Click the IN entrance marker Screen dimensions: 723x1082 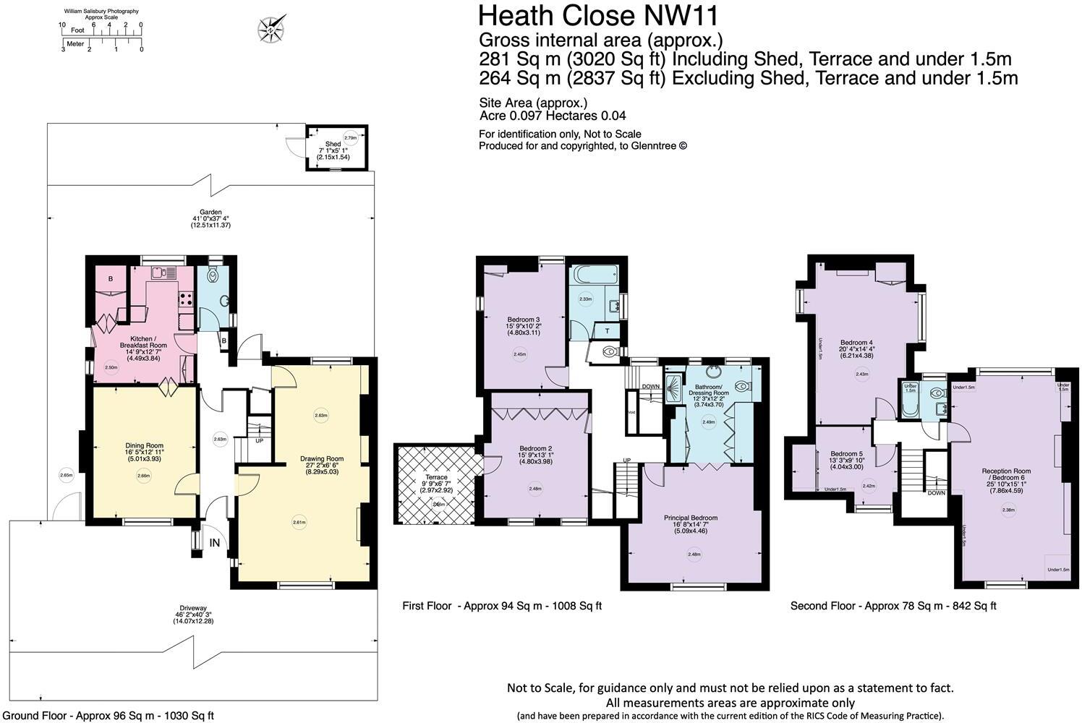click(x=215, y=542)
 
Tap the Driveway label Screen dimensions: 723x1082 click(x=189, y=615)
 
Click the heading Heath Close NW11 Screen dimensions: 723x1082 click(x=598, y=15)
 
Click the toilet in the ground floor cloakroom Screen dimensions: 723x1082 click(x=213, y=275)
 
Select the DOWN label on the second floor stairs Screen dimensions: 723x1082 click(x=936, y=493)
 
